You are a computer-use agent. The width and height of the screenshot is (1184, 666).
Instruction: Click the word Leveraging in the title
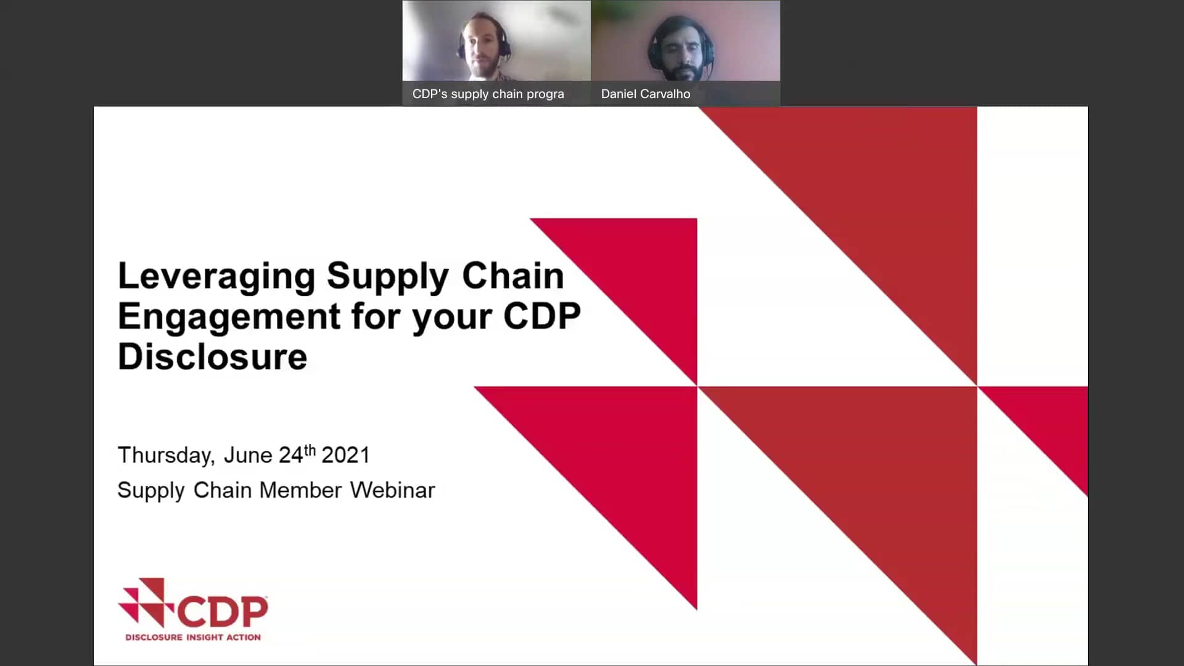[x=216, y=276]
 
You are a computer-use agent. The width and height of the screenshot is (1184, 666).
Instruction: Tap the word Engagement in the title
[x=229, y=316]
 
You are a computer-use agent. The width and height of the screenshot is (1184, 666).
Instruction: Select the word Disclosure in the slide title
[x=212, y=357]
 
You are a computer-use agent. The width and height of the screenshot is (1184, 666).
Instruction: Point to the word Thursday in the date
[x=165, y=455]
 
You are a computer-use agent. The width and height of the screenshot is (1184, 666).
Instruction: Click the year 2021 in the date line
[x=345, y=455]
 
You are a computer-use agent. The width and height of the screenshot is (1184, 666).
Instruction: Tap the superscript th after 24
[x=310, y=450]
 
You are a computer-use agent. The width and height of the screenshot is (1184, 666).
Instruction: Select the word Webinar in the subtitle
[x=392, y=490]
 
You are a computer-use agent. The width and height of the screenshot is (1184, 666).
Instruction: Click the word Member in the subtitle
[x=300, y=490]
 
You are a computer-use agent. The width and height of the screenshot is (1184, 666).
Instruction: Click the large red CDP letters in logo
[x=223, y=611]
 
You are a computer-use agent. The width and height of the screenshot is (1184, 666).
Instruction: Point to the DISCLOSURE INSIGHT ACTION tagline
[x=193, y=637]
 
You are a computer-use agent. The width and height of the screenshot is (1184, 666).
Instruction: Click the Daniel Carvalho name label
[x=646, y=94]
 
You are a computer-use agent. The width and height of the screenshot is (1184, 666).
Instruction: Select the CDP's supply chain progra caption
[x=488, y=94]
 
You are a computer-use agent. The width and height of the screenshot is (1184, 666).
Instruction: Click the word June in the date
[x=247, y=455]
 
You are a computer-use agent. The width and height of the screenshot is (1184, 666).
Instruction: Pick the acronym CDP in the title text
[x=541, y=316]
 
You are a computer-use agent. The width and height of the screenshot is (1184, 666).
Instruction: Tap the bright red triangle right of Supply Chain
[x=654, y=271]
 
